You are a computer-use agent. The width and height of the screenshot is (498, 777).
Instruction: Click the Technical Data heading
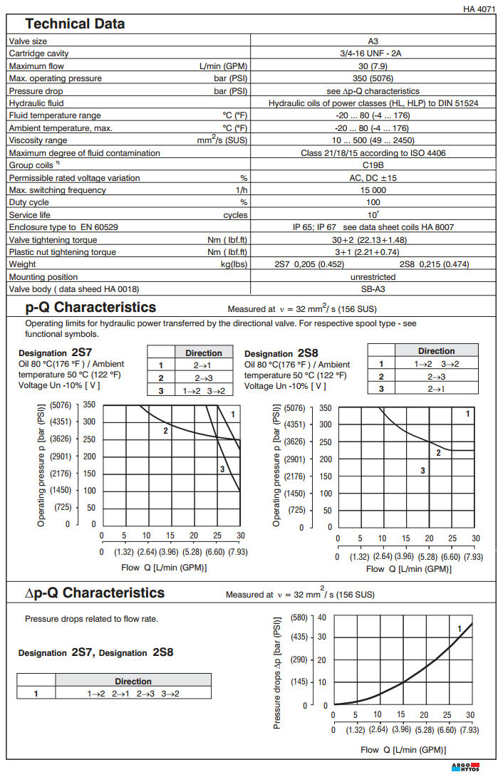[75, 24]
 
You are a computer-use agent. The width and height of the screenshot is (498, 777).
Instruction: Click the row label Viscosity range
[38, 140]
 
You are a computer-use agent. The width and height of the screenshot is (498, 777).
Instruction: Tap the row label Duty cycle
[28, 203]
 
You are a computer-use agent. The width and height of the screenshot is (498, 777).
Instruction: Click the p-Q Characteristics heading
[90, 308]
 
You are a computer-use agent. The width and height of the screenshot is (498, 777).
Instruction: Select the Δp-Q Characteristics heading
[95, 593]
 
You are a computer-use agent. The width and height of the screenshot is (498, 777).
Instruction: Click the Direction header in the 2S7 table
[204, 353]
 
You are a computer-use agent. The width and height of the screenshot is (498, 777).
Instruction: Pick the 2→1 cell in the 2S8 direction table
[436, 388]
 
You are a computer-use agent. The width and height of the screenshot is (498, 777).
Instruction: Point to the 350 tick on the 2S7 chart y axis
[89, 405]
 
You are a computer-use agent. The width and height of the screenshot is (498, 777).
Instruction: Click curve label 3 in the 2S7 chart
[222, 469]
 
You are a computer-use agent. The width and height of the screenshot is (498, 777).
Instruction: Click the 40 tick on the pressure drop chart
[322, 617]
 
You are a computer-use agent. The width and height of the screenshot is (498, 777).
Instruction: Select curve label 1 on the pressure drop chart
[460, 628]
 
